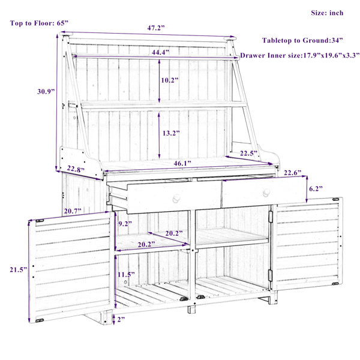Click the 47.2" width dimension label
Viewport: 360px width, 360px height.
point(156,28)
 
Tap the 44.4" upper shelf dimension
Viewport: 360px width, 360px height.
point(160,52)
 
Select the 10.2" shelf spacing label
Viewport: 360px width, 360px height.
point(170,80)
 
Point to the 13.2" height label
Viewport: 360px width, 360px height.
point(171,133)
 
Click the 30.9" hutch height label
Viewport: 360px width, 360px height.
point(46,91)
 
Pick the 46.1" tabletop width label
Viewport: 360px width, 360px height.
point(182,163)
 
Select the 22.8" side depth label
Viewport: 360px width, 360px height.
point(76,169)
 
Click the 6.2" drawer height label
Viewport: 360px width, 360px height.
point(316,189)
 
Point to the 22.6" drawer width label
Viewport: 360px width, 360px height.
point(293,173)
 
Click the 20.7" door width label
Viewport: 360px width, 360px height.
point(73,211)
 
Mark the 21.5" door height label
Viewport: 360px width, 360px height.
point(19,269)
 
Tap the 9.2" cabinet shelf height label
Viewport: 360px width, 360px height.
point(125,224)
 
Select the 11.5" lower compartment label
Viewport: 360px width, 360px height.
point(126,274)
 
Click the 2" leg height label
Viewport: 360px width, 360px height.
point(121,319)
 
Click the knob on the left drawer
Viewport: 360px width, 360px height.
point(176,199)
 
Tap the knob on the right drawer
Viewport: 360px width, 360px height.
point(266,193)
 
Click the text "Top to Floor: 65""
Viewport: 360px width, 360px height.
point(39,23)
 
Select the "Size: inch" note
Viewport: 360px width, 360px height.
point(327,13)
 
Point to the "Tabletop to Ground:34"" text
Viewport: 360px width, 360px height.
point(302,40)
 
